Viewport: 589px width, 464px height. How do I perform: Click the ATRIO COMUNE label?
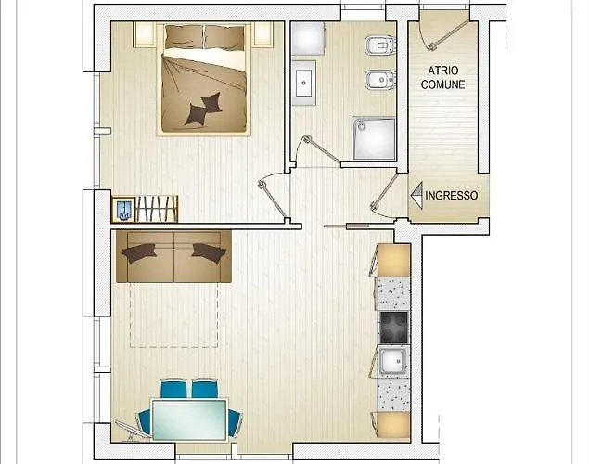click(442, 77)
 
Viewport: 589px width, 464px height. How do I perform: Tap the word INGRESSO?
click(452, 196)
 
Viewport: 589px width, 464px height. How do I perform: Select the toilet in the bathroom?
click(379, 45)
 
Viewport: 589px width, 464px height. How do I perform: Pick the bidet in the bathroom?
click(379, 80)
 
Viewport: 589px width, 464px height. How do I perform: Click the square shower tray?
click(374, 138)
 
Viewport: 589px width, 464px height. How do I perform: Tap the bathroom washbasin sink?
click(304, 83)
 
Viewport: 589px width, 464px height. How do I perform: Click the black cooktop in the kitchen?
click(393, 328)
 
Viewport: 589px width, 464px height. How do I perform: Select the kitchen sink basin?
click(393, 361)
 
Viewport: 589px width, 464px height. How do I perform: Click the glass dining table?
click(189, 419)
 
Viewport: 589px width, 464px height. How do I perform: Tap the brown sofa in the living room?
click(173, 256)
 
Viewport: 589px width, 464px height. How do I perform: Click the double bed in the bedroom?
click(204, 78)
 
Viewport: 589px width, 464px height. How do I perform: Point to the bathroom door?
click(323, 149)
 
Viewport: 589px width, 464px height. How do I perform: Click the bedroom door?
click(273, 200)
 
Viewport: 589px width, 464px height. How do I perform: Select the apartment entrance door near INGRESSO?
click(384, 191)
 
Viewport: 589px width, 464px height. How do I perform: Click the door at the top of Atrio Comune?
click(449, 34)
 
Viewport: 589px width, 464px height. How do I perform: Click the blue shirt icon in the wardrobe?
click(124, 210)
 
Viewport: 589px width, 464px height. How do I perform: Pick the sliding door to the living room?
click(347, 226)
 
